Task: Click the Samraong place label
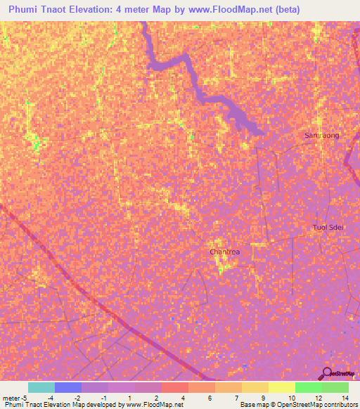click(321, 135)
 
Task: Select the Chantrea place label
click(225, 252)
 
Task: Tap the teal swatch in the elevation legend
click(41, 387)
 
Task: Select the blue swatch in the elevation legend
click(67, 387)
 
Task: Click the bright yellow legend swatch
click(281, 387)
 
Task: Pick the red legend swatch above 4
click(174, 387)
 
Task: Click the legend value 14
click(347, 398)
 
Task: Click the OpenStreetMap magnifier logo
click(326, 374)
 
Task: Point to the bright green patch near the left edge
click(37, 145)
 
